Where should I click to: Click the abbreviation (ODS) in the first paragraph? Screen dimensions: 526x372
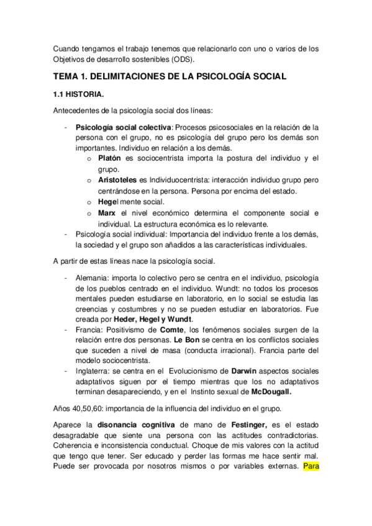click(x=179, y=60)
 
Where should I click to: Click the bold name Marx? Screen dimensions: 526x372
click(x=107, y=213)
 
